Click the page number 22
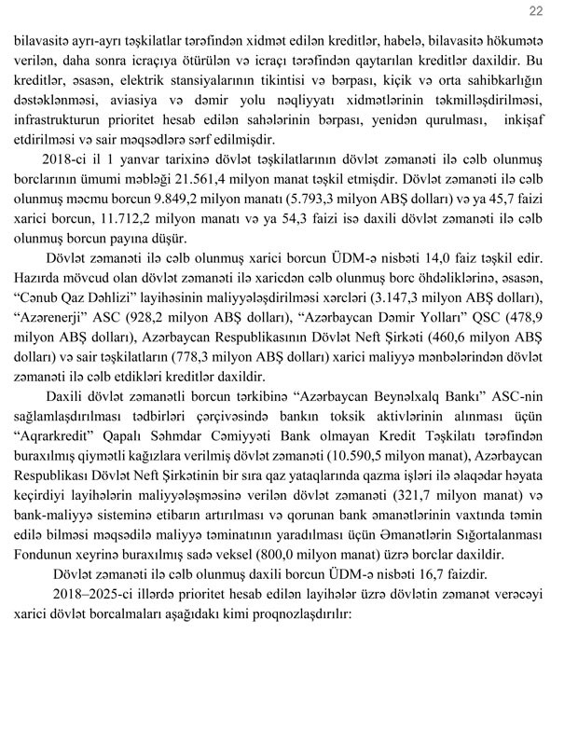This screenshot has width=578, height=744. click(535, 11)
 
